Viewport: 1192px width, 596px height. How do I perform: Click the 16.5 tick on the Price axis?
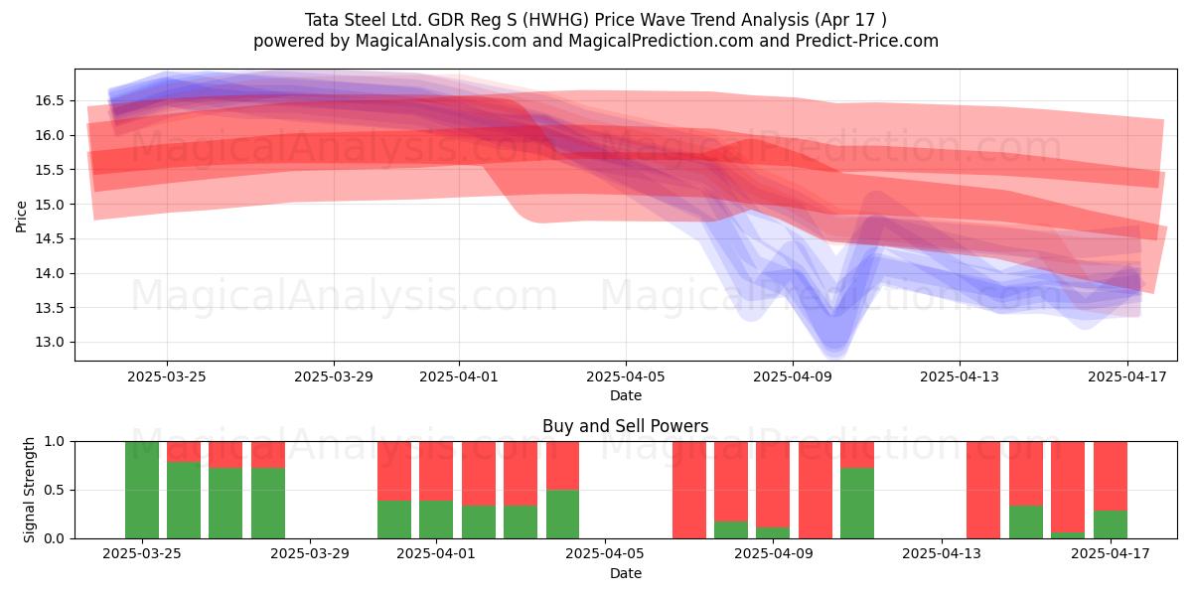[x=50, y=100]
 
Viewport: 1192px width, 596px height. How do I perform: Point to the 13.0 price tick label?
[x=50, y=342]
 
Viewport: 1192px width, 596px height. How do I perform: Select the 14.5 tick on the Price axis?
[x=50, y=239]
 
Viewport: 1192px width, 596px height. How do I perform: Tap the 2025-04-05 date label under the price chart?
[x=626, y=376]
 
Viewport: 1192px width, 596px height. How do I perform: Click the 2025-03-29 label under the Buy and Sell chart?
[x=310, y=554]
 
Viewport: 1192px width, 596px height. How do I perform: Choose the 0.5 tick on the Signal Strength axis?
[x=54, y=490]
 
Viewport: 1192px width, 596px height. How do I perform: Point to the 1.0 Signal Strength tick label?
[x=54, y=441]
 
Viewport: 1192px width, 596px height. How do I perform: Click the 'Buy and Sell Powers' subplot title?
[x=625, y=426]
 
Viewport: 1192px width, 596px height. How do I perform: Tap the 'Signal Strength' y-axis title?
[x=29, y=490]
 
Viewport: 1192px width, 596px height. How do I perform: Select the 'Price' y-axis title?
[x=21, y=217]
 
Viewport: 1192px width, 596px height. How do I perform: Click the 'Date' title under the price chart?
[x=626, y=395]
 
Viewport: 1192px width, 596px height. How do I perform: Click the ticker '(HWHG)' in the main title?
[x=555, y=20]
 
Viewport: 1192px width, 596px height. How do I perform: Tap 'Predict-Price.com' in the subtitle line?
[x=867, y=41]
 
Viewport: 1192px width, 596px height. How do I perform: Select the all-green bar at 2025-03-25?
[x=142, y=490]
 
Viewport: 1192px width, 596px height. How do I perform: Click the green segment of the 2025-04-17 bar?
[x=1111, y=524]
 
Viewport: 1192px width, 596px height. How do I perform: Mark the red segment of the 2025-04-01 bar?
[x=436, y=471]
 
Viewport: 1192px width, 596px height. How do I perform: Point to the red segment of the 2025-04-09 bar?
[x=773, y=485]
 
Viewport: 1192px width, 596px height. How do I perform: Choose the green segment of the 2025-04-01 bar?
[x=436, y=520]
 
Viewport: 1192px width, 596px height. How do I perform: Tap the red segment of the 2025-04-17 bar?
[x=1111, y=476]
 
